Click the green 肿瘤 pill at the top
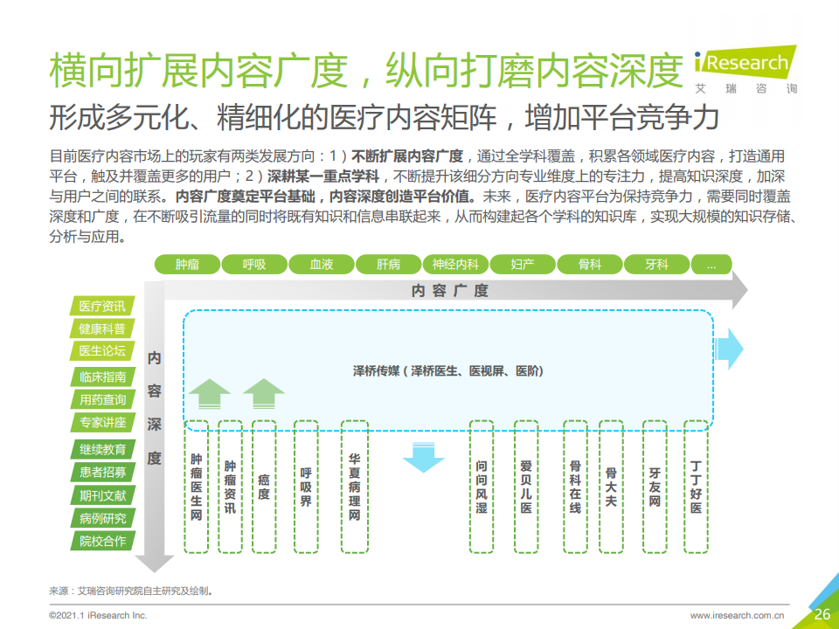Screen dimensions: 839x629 pyautogui.click(x=187, y=264)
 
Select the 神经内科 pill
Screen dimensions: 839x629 pyautogui.click(x=456, y=264)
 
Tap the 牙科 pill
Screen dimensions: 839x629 pyautogui.click(x=656, y=264)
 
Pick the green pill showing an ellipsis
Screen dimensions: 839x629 pyautogui.click(x=711, y=264)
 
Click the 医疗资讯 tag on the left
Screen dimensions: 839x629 pyautogui.click(x=102, y=306)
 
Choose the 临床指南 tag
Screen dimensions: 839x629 pyautogui.click(x=102, y=377)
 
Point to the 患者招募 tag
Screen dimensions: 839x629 pyautogui.click(x=102, y=473)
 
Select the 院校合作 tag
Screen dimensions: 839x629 pyautogui.click(x=102, y=542)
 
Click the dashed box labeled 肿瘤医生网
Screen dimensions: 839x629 pyautogui.click(x=196, y=487)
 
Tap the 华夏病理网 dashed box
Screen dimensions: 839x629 pyautogui.click(x=354, y=487)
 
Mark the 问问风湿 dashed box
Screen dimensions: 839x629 pyautogui.click(x=482, y=487)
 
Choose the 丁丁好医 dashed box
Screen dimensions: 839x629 pyautogui.click(x=696, y=487)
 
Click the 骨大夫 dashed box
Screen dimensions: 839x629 pyautogui.click(x=611, y=487)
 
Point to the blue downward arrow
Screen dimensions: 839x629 pyautogui.click(x=423, y=457)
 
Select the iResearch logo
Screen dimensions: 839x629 pyautogui.click(x=745, y=70)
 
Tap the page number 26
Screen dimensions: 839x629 pyautogui.click(x=822, y=614)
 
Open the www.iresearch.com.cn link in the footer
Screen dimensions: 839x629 pyautogui.click(x=737, y=616)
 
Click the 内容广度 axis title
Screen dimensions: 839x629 pyautogui.click(x=450, y=290)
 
